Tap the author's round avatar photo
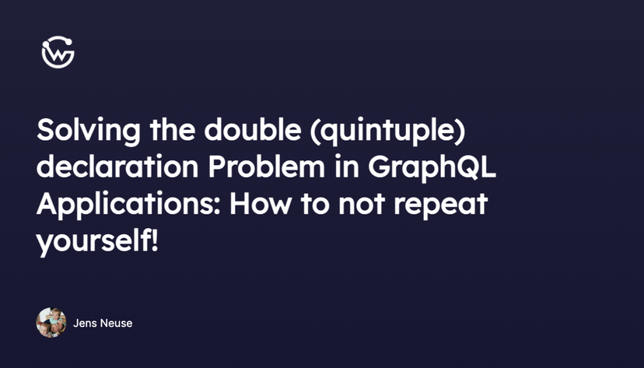click(x=51, y=323)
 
